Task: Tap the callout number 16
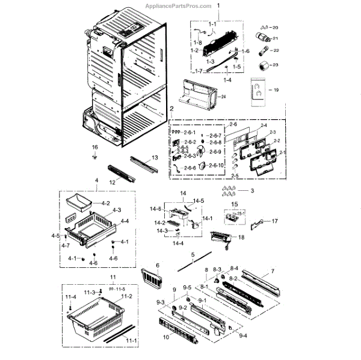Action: coord(94,147)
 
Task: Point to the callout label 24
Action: coord(223,97)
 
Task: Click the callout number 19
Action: coord(276,90)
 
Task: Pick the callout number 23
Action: coord(276,64)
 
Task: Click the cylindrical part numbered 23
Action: coord(263,65)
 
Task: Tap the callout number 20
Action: coord(276,28)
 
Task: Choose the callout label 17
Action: coord(275,221)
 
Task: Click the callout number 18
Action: coord(241,238)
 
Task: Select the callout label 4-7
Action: coord(65,245)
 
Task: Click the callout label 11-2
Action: coord(127,297)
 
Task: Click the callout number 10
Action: coord(166,337)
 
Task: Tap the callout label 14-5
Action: coord(199,200)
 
